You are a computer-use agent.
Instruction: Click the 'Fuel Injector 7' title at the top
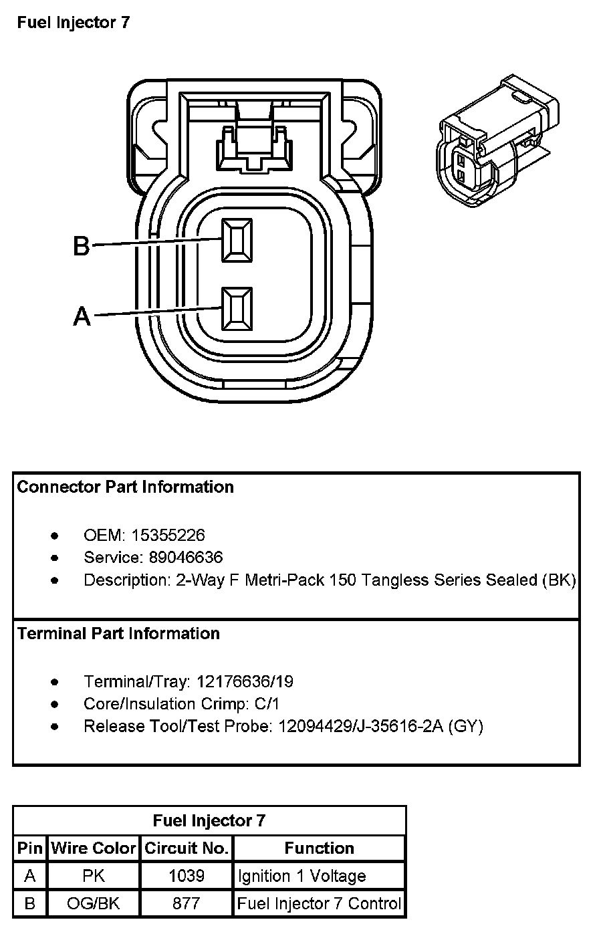[74, 23]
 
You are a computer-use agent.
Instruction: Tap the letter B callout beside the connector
[81, 246]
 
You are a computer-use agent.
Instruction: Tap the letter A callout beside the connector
[82, 316]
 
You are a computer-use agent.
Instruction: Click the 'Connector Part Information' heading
[126, 487]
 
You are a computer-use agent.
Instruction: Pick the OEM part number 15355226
[168, 535]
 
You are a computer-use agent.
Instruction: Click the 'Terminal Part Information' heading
[118, 633]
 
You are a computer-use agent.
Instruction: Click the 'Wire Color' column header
[94, 848]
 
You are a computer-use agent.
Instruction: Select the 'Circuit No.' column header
[187, 848]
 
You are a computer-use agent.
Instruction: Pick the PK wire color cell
[94, 876]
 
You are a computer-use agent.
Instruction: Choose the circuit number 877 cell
[187, 904]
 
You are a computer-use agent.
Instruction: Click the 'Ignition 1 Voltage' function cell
[302, 876]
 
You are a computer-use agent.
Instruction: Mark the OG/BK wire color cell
[94, 904]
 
